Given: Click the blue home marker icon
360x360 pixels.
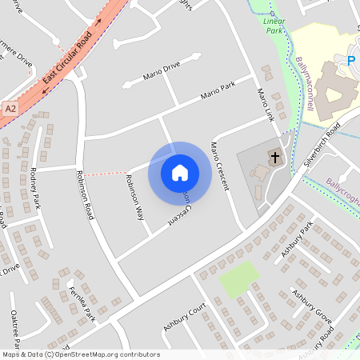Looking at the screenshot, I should tap(180, 172).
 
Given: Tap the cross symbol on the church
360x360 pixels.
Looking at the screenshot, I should tap(274, 157).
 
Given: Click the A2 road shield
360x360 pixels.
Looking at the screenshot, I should tap(10, 107).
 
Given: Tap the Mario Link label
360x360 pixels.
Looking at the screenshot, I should tap(265, 106).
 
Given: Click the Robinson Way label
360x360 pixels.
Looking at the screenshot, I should tap(134, 198).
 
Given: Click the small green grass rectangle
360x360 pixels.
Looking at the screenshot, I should tap(239, 278).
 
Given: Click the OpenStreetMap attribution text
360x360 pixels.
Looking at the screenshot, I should tap(80, 354).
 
